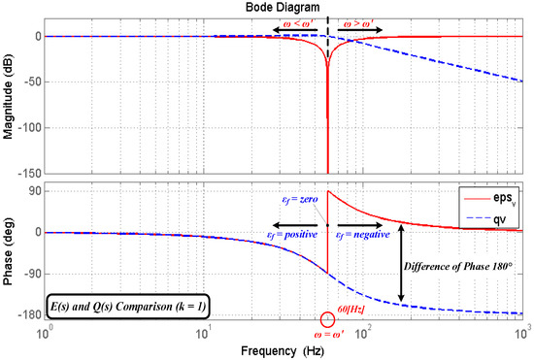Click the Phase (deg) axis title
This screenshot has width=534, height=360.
tap(9, 251)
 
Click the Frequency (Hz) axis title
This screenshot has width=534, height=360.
tap(284, 347)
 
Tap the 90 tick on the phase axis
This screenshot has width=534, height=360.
tap(31, 191)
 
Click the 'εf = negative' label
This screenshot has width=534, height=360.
tap(363, 234)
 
